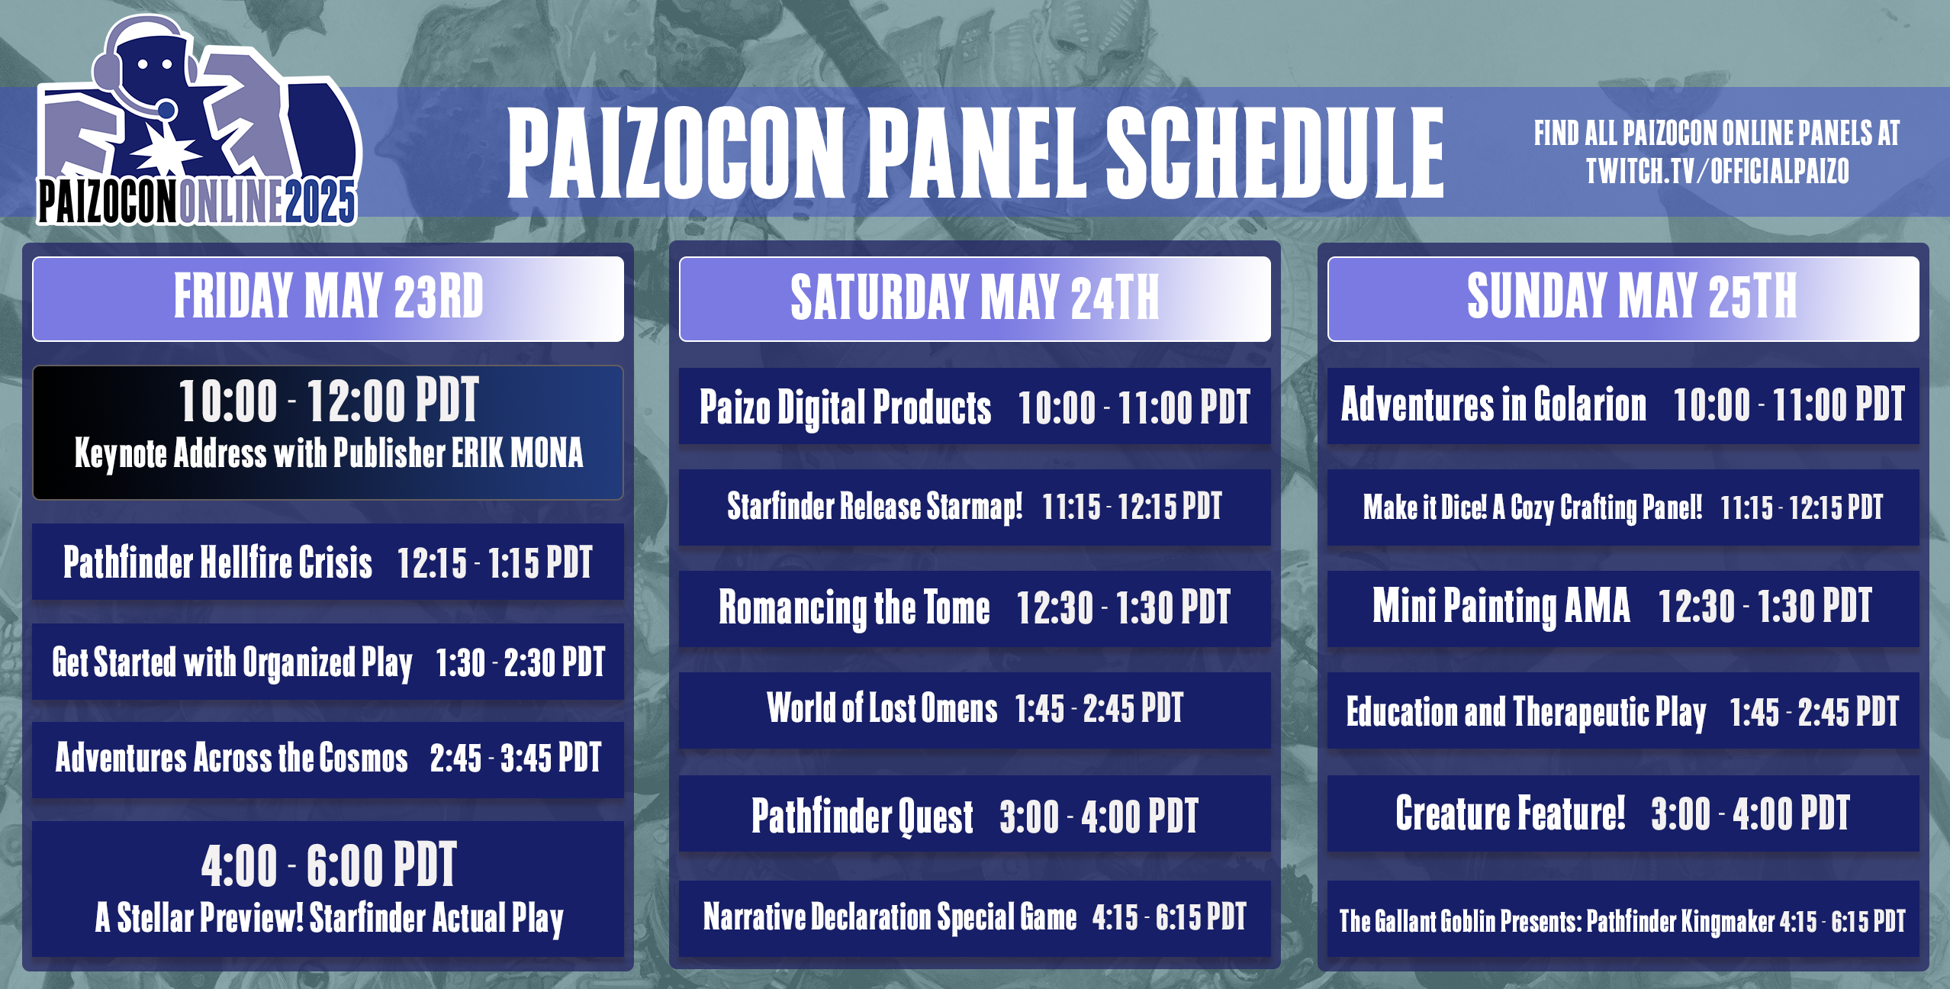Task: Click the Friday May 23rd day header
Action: click(x=328, y=298)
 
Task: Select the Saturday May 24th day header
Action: click(x=974, y=298)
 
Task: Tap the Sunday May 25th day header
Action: click(x=1623, y=298)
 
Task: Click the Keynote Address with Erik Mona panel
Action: click(x=328, y=432)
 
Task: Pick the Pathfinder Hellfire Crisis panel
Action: click(x=328, y=562)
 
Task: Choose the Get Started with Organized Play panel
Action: click(x=328, y=662)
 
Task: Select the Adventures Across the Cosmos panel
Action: click(x=328, y=759)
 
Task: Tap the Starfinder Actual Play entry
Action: click(x=328, y=889)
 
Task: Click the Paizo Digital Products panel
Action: click(x=974, y=407)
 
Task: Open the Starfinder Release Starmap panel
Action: click(x=974, y=507)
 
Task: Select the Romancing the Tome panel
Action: click(x=974, y=608)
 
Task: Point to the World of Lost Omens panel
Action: click(x=974, y=709)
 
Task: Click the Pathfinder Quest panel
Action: click(x=974, y=815)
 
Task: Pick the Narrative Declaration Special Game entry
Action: click(x=974, y=917)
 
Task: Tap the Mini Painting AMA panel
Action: click(x=1623, y=607)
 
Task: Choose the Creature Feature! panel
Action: click(x=1623, y=813)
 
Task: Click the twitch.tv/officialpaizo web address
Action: click(x=1717, y=171)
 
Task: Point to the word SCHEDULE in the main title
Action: click(x=1274, y=152)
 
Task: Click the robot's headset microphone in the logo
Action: click(x=167, y=108)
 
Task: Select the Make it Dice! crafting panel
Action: click(x=1623, y=507)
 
